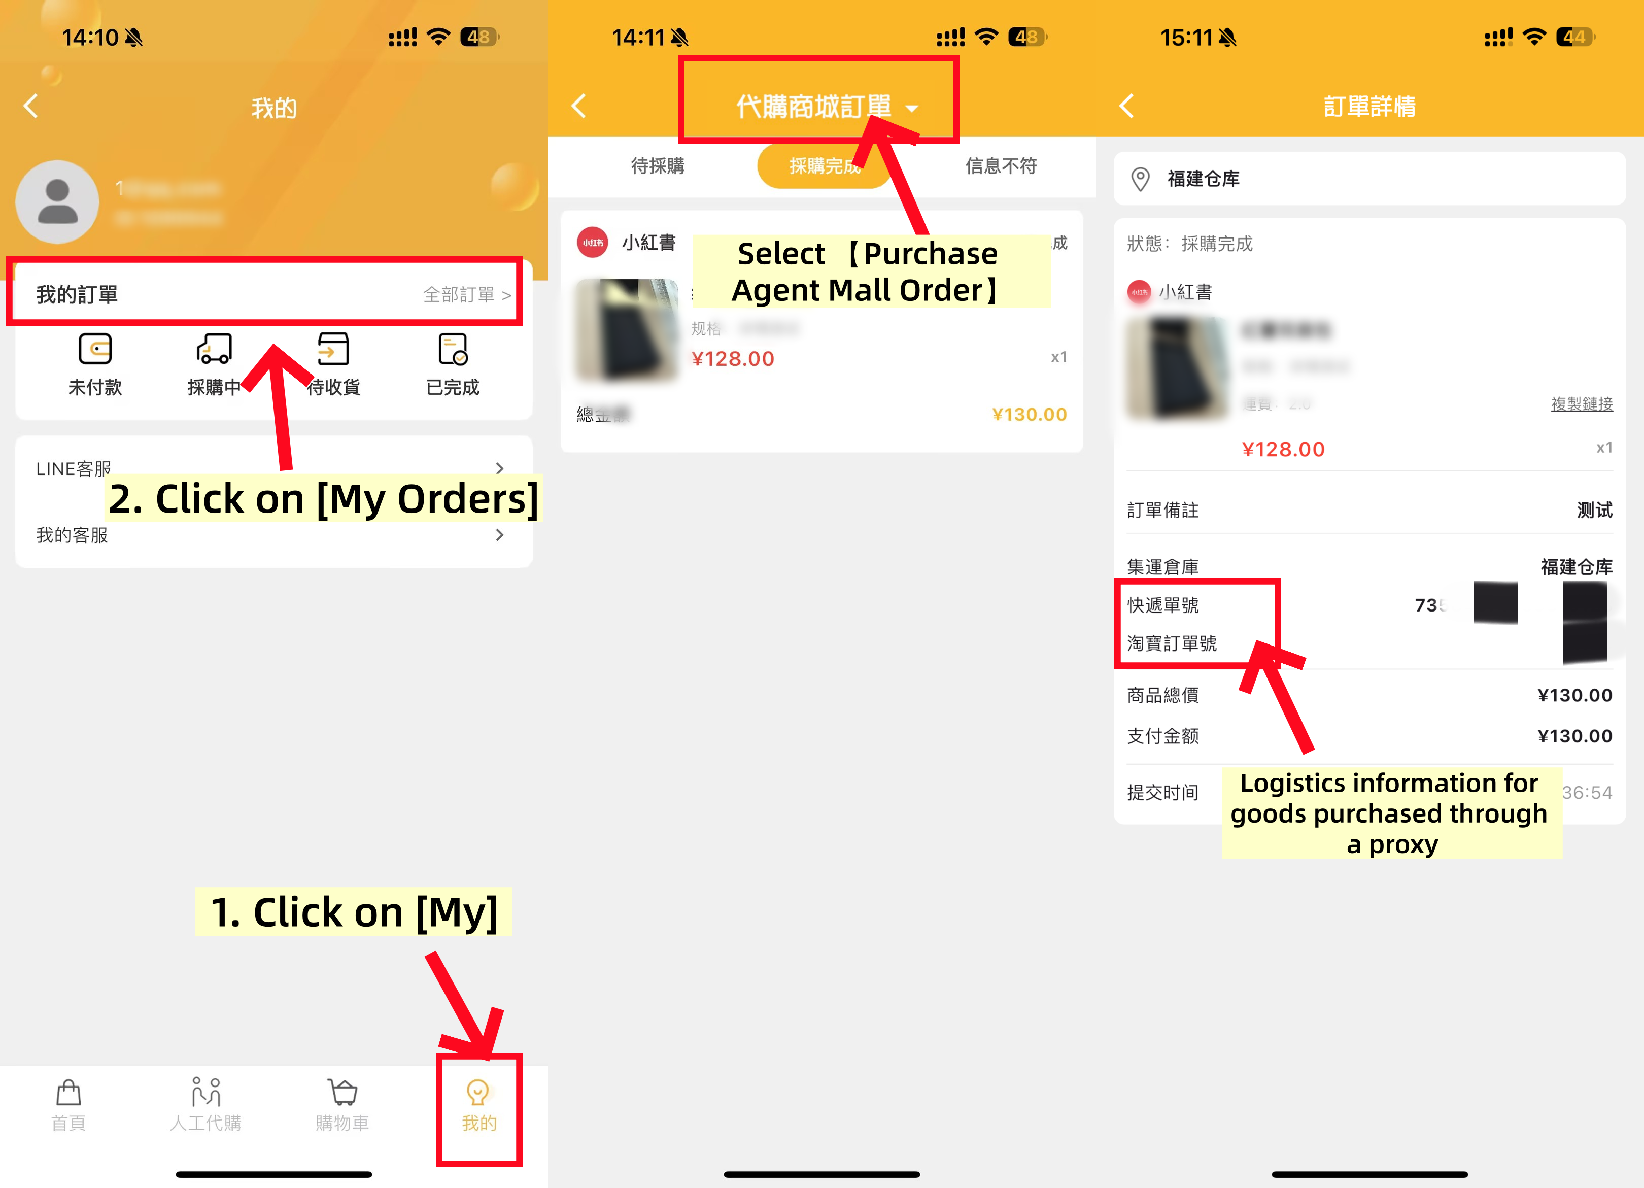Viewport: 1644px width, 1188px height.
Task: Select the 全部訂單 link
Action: [x=466, y=295]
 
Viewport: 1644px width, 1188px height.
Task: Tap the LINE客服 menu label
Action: [x=73, y=469]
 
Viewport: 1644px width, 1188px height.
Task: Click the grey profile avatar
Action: [x=57, y=202]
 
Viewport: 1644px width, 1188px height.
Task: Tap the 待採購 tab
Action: [x=658, y=166]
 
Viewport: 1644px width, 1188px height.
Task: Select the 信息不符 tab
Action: [x=1001, y=166]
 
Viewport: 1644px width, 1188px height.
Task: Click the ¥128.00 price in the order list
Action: [x=733, y=359]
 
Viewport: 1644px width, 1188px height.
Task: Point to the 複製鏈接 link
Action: [x=1582, y=404]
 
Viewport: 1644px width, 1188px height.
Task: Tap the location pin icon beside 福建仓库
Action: [x=1140, y=179]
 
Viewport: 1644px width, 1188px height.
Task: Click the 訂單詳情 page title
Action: [x=1369, y=107]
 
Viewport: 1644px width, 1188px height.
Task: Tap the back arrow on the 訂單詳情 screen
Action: [x=1127, y=107]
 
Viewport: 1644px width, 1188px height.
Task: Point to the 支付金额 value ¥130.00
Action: [x=1574, y=736]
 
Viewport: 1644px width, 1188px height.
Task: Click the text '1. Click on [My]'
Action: [x=354, y=912]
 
